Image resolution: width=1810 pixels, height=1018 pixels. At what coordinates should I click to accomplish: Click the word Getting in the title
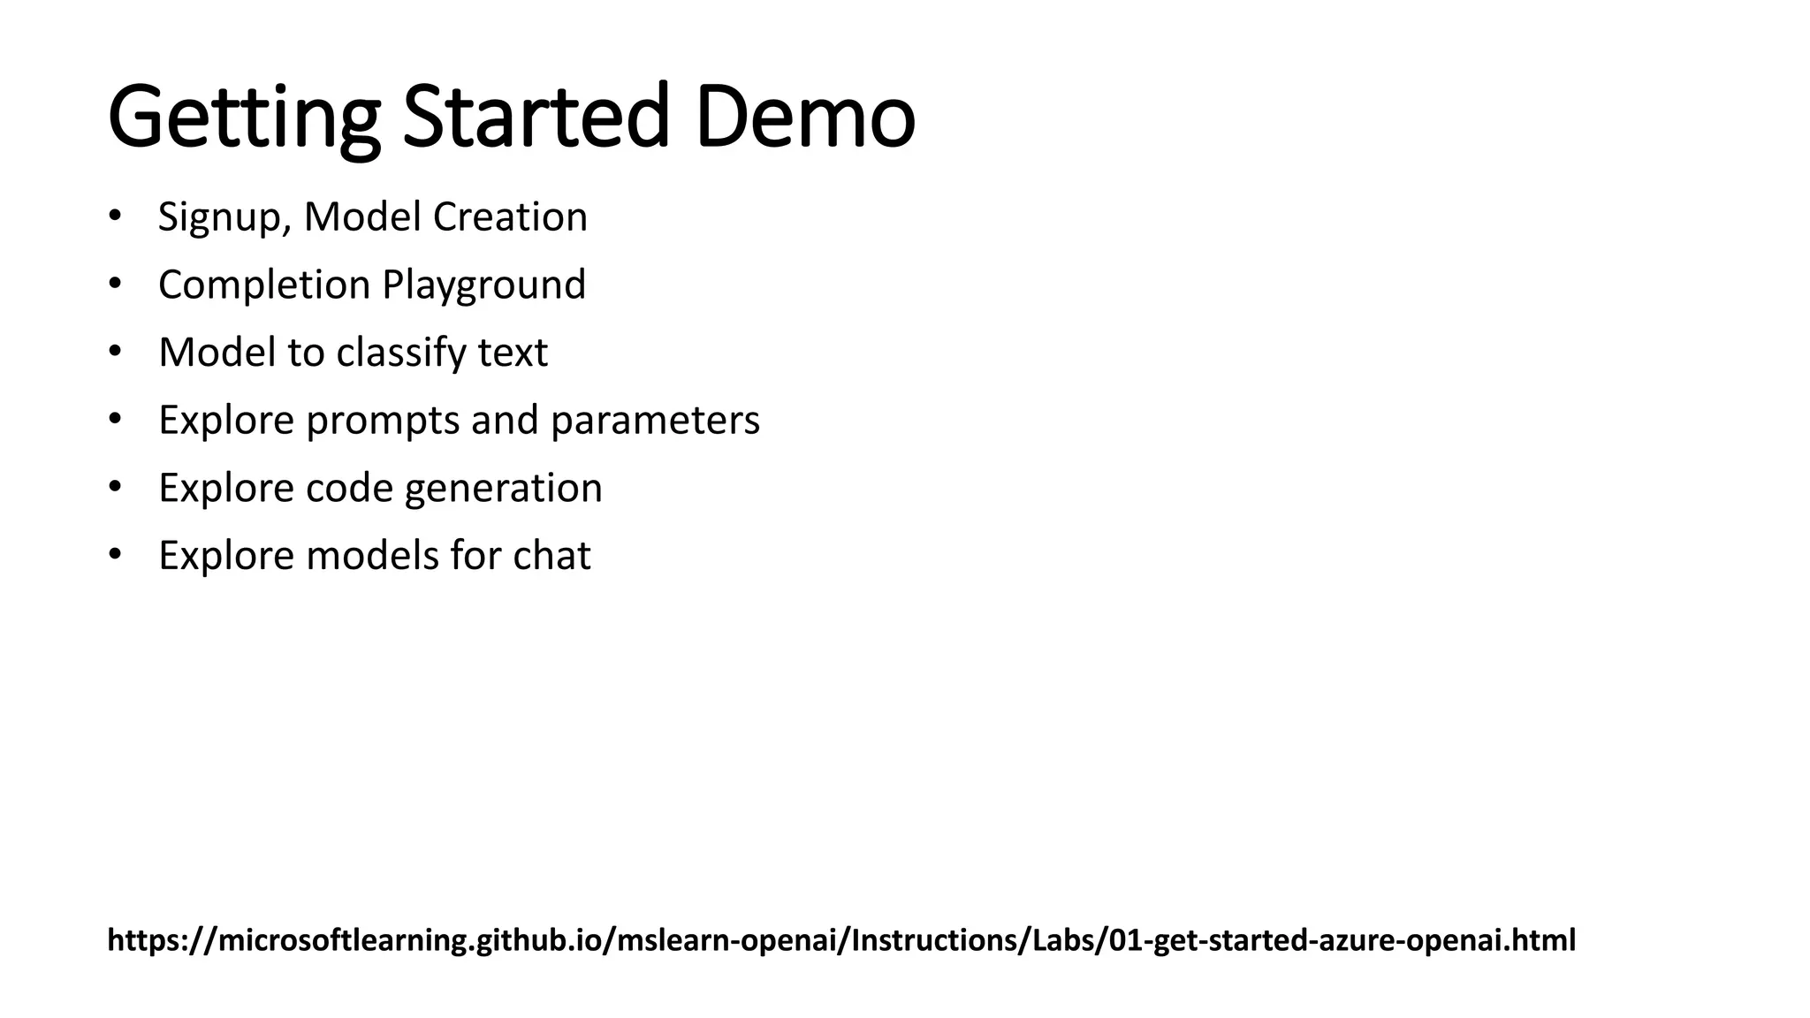[x=243, y=118]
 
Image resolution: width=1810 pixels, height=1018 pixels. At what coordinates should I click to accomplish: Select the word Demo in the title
[x=805, y=118]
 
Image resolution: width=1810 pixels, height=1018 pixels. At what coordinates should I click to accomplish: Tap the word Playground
[x=483, y=285]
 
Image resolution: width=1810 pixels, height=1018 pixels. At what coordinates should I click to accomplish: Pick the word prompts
[x=382, y=420]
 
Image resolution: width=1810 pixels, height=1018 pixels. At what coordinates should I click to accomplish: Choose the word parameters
[x=655, y=420]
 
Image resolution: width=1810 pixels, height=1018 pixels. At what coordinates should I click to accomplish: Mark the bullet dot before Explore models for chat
[x=114, y=556]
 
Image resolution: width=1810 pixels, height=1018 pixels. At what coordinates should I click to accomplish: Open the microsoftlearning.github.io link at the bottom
[x=840, y=940]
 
